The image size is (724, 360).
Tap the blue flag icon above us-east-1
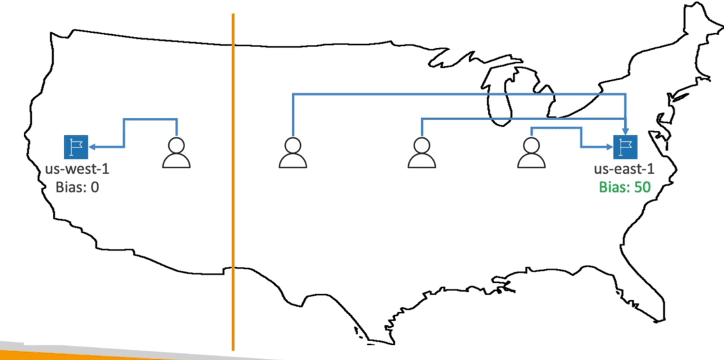point(625,147)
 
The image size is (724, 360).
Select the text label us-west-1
point(77,169)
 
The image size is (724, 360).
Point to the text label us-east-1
point(624,169)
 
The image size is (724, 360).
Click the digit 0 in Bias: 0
point(95,187)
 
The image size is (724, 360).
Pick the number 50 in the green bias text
point(642,187)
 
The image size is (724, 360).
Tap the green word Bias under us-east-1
point(612,187)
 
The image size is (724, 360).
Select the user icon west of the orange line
point(176,152)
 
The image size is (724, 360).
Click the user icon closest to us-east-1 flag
point(531,152)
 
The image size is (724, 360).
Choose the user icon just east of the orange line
point(293,152)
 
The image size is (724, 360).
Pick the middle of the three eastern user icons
point(422,152)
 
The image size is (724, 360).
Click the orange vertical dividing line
point(233,182)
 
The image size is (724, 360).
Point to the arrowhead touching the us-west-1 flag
point(92,147)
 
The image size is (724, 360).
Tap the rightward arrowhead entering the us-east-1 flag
point(609,147)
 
